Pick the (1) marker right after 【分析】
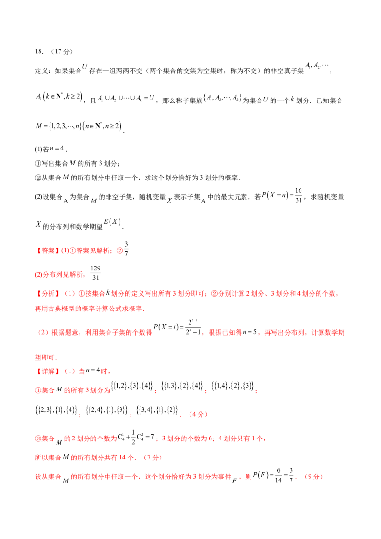(68, 294)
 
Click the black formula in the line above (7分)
(136, 436)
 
